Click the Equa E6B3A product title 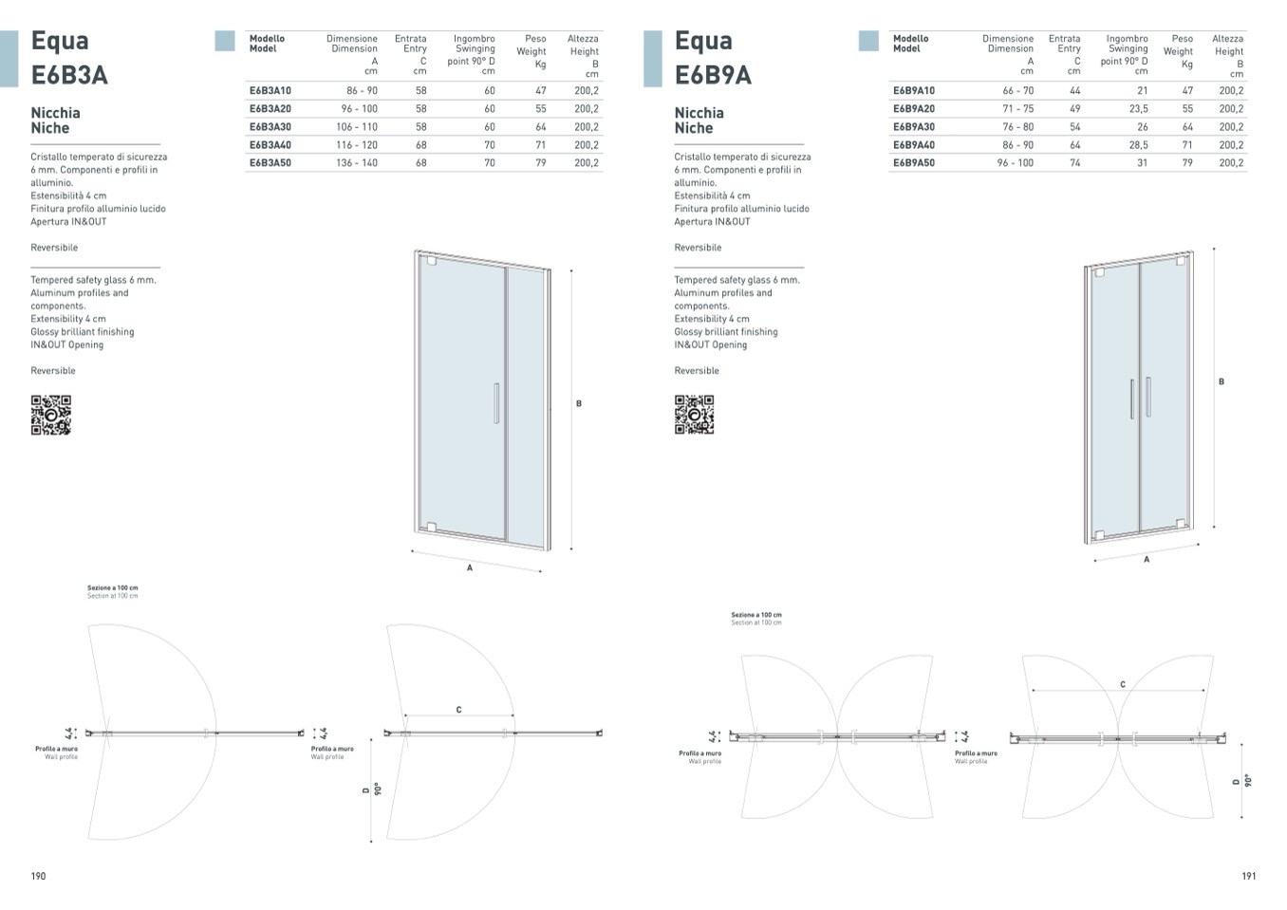pos(68,58)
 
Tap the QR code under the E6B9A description pos(694,415)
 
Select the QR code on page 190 pos(50,415)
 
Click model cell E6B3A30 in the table pos(270,127)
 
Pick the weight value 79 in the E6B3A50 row pos(540,163)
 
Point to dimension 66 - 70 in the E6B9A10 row pos(1017,91)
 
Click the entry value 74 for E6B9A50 pos(1074,163)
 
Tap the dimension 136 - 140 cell pos(356,163)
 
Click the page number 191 pos(1248,876)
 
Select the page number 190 pos(38,876)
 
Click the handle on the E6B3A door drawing pos(495,402)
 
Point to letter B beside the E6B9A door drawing pos(1221,381)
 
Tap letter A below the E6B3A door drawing pos(469,567)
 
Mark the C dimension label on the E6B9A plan pos(1122,684)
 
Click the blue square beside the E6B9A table pos(867,41)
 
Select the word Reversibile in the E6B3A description pos(54,248)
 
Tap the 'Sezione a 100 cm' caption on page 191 pos(756,616)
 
